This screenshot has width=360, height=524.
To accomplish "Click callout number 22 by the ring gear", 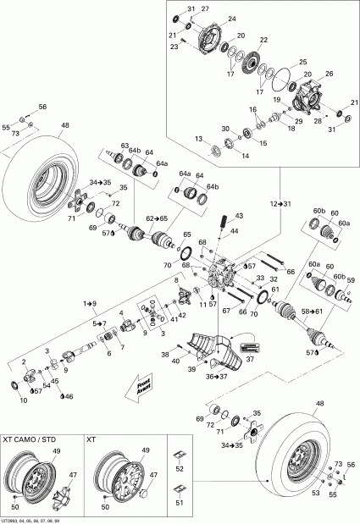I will click(x=263, y=41).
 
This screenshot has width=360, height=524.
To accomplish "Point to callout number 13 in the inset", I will click(x=197, y=138).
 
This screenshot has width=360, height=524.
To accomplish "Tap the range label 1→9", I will click(x=89, y=302).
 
